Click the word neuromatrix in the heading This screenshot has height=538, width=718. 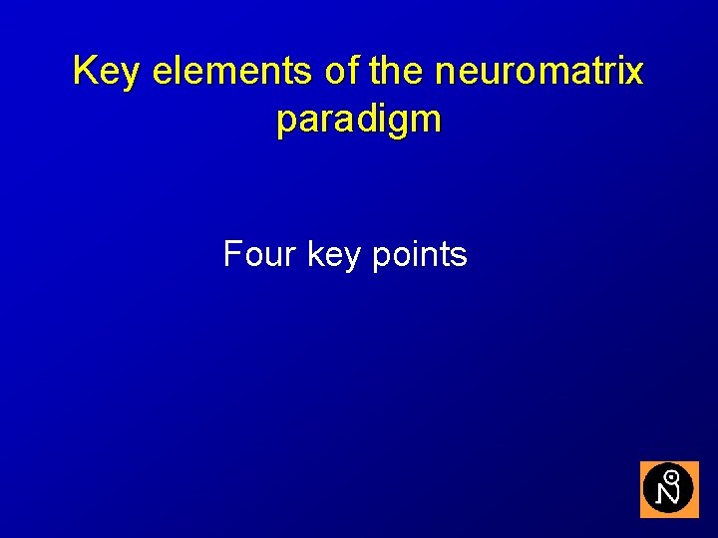pyautogui.click(x=538, y=72)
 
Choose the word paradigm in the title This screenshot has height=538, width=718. pyautogui.click(x=359, y=121)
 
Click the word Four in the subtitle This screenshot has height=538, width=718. pyautogui.click(x=259, y=255)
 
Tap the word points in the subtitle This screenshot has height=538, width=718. pyautogui.click(x=419, y=256)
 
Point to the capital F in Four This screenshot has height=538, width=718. pyautogui.click(x=232, y=255)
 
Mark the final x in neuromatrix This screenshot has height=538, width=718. pyautogui.click(x=634, y=74)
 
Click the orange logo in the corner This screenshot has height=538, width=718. pyautogui.click(x=668, y=489)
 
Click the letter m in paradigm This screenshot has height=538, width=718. pyautogui.click(x=425, y=121)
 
